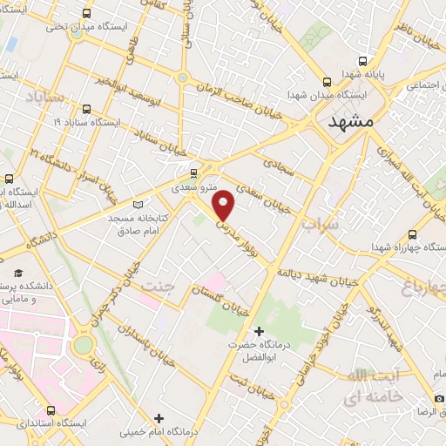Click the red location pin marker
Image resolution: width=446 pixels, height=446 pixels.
pyautogui.click(x=224, y=204)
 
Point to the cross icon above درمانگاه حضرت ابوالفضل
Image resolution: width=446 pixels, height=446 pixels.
pyautogui.click(x=258, y=331)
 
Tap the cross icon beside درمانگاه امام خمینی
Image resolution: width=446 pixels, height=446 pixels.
pyautogui.click(x=158, y=419)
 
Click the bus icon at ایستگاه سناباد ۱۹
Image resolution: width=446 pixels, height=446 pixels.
pyautogui.click(x=85, y=109)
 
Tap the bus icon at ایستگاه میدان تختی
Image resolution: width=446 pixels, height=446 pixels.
pyautogui.click(x=84, y=13)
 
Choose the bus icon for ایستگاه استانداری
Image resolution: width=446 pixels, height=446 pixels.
pyautogui.click(x=51, y=409)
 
